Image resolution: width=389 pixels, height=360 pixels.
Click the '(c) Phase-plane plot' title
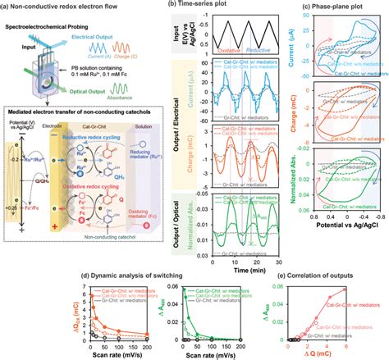click(336, 7)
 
